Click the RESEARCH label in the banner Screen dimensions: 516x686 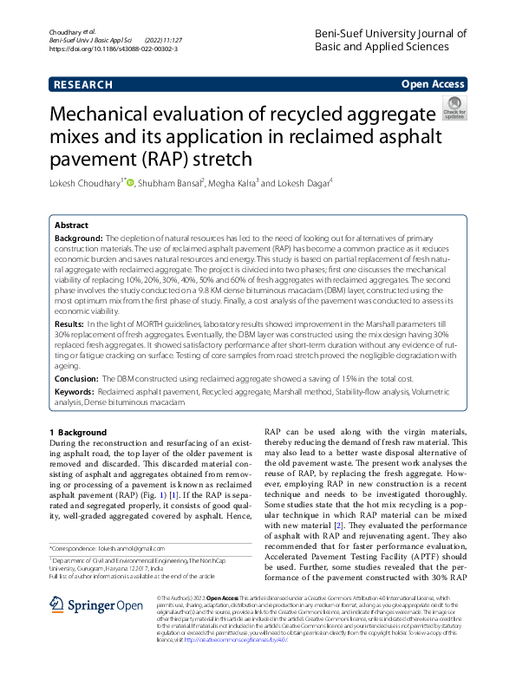(x=83, y=85)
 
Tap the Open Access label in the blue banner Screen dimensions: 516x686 (x=433, y=84)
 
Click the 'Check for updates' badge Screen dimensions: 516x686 (x=454, y=109)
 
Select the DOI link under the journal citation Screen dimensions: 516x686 (x=114, y=49)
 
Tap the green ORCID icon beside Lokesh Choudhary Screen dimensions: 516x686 (x=131, y=182)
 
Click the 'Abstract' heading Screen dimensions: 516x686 (x=72, y=224)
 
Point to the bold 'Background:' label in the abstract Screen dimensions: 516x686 (x=78, y=237)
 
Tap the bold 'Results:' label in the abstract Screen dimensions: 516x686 (x=70, y=323)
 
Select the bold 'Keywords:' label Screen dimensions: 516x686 (x=75, y=393)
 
